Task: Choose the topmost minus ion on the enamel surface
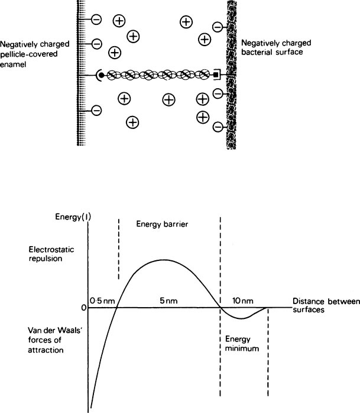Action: pyautogui.click(x=96, y=20)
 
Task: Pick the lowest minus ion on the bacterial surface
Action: pyautogui.click(x=218, y=127)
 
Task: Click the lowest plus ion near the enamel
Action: pyautogui.click(x=133, y=122)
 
